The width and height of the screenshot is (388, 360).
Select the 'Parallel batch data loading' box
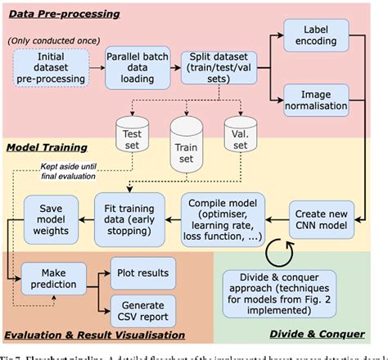132,68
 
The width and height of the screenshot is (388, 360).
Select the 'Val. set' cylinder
242,138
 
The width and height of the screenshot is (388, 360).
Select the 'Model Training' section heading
47,147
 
